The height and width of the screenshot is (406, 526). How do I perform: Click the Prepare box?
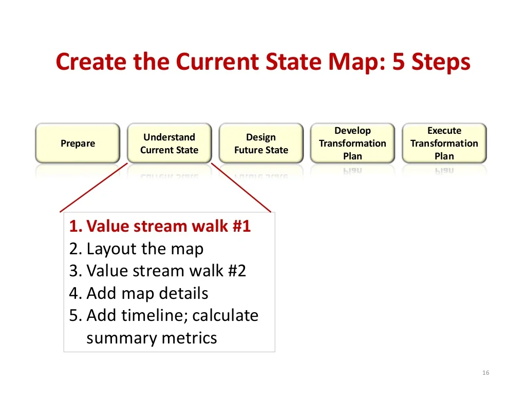click(x=78, y=143)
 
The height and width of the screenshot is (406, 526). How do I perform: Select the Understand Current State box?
click(x=170, y=143)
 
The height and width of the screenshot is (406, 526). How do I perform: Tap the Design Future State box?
click(x=261, y=143)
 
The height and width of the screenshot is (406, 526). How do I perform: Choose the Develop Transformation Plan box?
click(x=352, y=143)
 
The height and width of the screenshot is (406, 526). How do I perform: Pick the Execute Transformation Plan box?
click(x=444, y=143)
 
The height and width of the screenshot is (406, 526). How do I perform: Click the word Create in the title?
click(x=91, y=62)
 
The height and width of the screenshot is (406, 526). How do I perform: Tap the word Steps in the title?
click(x=441, y=63)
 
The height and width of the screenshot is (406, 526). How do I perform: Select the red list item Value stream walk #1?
click(x=160, y=226)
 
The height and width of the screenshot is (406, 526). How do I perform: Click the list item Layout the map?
click(x=136, y=249)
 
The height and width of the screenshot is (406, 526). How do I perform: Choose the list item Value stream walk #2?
click(x=158, y=271)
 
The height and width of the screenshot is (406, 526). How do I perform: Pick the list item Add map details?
click(x=139, y=293)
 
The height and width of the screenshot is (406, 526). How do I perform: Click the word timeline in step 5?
click(x=155, y=315)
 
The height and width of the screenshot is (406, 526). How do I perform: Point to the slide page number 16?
click(x=486, y=373)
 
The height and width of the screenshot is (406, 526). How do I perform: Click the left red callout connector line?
click(x=93, y=188)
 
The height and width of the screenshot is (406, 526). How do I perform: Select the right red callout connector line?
click(x=241, y=188)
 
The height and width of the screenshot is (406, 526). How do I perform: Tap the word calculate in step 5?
click(x=226, y=315)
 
